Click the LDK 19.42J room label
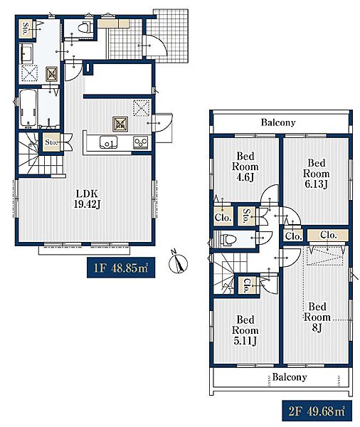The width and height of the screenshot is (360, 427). pos(88,199)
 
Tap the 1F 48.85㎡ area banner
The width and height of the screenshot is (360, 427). pos(121,268)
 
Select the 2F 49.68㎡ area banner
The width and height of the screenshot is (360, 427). pos(317,411)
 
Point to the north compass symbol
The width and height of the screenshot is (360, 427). pos(178,262)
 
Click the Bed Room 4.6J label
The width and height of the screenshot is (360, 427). pos(245,167)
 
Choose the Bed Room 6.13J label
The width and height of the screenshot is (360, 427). pos(316,174)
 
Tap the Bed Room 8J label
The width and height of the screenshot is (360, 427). pos(317,317)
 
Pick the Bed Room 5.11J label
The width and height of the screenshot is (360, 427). pos(245,330)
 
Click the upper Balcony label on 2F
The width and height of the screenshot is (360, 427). pos(278,122)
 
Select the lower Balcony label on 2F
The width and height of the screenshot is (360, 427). pos(290,377)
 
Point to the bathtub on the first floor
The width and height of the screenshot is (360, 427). pos(28,108)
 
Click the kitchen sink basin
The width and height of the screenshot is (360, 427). pos(109,142)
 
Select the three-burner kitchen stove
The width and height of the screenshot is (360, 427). pos(141,142)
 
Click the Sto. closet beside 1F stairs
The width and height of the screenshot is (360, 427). pos(51,142)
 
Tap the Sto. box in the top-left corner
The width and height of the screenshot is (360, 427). pos(26,28)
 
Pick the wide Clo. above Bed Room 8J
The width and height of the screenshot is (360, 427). pos(328,235)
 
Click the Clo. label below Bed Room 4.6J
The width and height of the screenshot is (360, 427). pos(223,217)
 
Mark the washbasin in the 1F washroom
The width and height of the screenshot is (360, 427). pos(26,53)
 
